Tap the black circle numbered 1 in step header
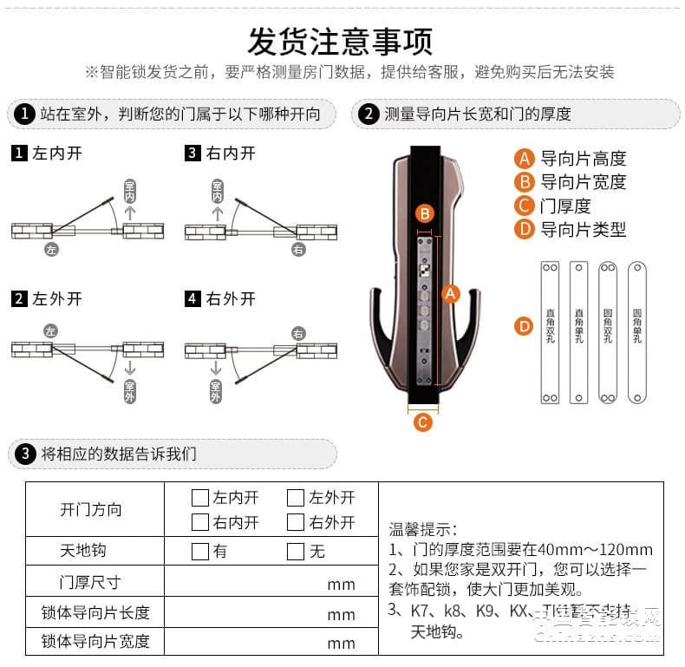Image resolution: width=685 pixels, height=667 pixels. (25, 114)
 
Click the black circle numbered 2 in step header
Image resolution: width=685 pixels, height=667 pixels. (369, 114)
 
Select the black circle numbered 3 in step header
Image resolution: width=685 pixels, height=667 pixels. (25, 454)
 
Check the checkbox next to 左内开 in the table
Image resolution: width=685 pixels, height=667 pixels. (200, 498)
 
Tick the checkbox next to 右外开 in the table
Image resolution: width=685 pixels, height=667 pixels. (296, 522)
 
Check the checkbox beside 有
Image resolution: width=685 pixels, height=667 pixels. (200, 551)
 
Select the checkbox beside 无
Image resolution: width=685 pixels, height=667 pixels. (296, 551)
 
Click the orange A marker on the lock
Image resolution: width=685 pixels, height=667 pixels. (449, 294)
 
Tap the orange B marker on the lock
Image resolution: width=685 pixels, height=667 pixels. (424, 213)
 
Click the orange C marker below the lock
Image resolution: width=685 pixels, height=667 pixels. (422, 423)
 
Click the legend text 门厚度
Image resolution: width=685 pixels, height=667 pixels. (564, 206)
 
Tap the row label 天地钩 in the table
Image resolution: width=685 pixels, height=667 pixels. (82, 551)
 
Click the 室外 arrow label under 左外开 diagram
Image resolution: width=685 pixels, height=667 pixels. (130, 390)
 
